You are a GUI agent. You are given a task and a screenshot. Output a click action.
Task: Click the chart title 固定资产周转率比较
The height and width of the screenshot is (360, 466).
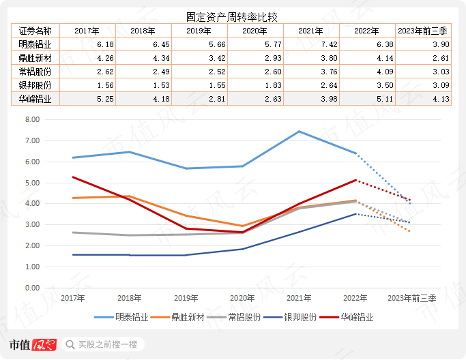[233, 16]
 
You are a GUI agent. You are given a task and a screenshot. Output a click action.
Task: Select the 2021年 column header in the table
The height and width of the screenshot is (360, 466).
[310, 31]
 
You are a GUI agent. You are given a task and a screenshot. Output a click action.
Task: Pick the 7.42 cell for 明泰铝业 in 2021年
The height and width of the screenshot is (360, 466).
[310, 44]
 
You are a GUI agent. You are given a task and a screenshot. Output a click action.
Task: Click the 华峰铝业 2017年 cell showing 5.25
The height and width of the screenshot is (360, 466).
[87, 99]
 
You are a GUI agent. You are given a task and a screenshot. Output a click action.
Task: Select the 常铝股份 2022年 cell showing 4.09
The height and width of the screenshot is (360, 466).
[366, 72]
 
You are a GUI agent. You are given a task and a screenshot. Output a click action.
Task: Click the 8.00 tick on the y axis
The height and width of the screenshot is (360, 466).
[32, 119]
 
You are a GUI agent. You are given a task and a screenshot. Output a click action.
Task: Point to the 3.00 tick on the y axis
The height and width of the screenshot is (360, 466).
[32, 224]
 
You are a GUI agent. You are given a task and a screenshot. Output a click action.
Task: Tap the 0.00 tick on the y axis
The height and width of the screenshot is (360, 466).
[32, 288]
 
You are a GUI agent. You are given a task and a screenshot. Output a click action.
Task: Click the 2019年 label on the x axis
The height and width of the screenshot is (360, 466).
[186, 299]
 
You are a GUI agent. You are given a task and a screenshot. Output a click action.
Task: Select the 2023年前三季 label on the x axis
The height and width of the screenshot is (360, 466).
[411, 299]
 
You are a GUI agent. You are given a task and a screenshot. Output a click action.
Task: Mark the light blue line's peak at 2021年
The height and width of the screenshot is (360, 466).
[300, 132]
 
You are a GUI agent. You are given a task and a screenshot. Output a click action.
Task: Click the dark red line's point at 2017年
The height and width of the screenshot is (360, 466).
[72, 177]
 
